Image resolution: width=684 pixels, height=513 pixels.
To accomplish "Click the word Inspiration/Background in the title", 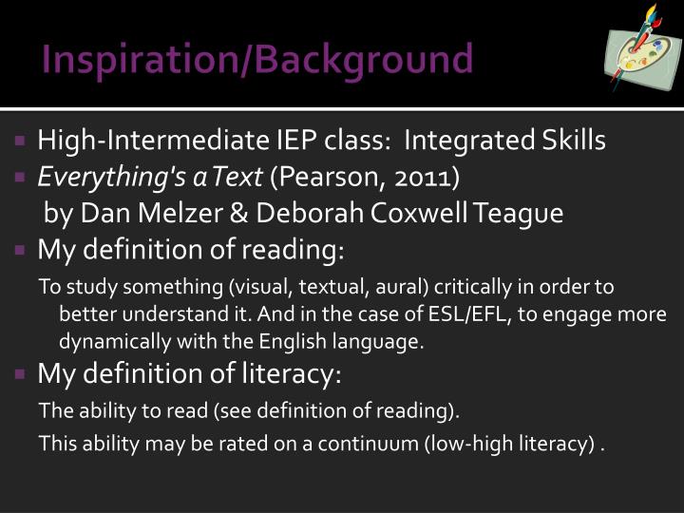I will point(257,59).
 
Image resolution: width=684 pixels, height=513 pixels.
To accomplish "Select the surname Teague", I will point(522,213).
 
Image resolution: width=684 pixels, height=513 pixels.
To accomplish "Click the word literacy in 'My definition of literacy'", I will point(289,375).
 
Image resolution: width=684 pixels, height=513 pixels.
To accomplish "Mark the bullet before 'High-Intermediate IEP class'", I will point(21,142).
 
